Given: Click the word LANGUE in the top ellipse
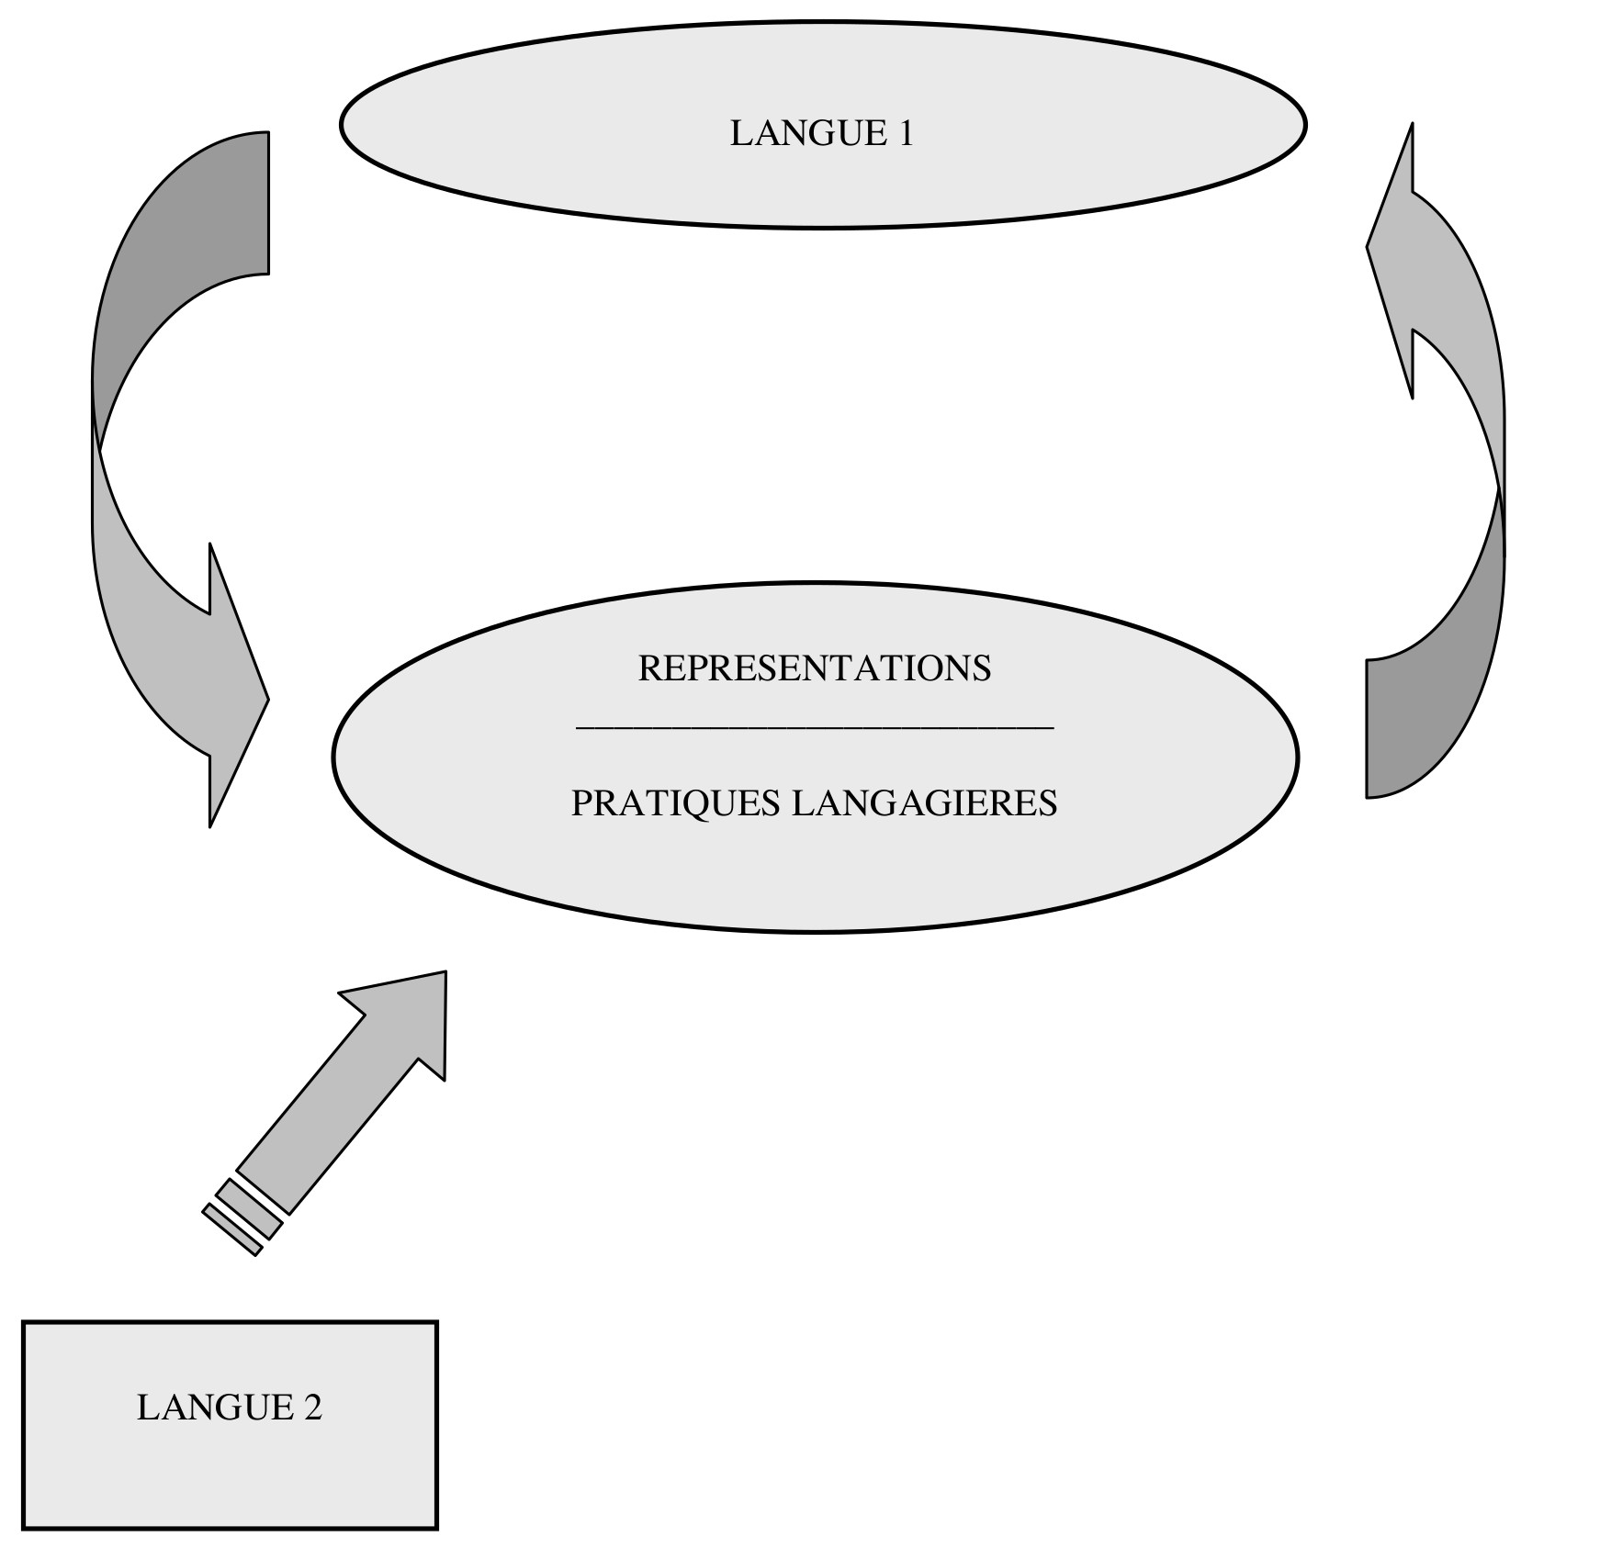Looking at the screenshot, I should [796, 134].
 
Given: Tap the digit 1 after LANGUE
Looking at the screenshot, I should [905, 134].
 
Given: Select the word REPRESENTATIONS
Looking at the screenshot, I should [814, 668].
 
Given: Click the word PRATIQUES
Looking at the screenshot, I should [674, 803].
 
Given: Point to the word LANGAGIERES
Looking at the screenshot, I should [924, 803].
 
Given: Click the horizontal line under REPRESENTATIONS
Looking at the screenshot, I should [814, 728].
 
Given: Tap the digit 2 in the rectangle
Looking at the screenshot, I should [312, 1408].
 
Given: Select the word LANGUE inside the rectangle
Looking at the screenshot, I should [215, 1408].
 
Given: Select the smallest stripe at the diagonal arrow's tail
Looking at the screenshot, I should [231, 1230].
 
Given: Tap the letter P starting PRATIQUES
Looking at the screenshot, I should [580, 803].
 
